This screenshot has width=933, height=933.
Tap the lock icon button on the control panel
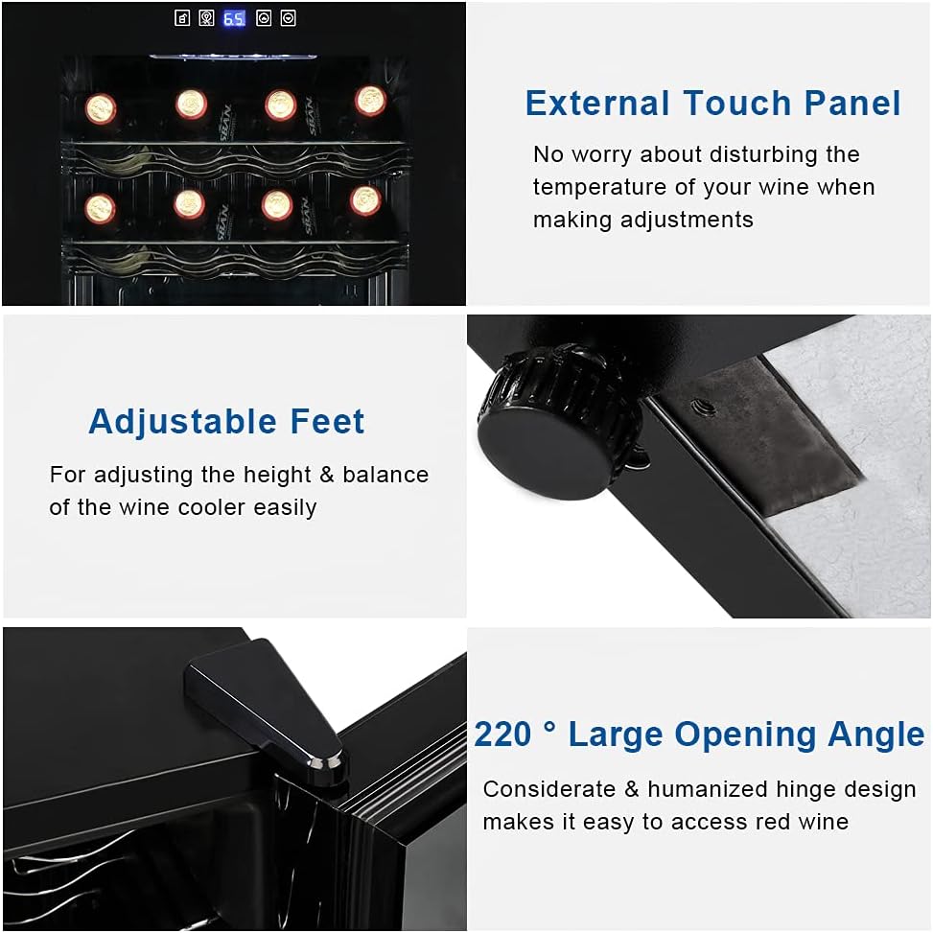[x=182, y=18]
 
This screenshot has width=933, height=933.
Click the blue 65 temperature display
[x=234, y=19]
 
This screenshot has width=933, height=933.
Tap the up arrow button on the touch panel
[x=264, y=18]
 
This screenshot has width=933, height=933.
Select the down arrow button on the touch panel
[x=288, y=18]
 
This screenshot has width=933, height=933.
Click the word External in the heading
[x=598, y=103]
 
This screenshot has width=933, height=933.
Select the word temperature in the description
[x=599, y=187]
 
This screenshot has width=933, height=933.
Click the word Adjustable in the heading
[x=183, y=423]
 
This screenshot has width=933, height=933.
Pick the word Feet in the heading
[x=327, y=422]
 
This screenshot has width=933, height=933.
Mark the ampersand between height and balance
[x=327, y=475]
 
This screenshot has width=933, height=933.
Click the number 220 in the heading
[x=502, y=735]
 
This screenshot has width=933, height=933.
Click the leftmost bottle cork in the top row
[x=101, y=109]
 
